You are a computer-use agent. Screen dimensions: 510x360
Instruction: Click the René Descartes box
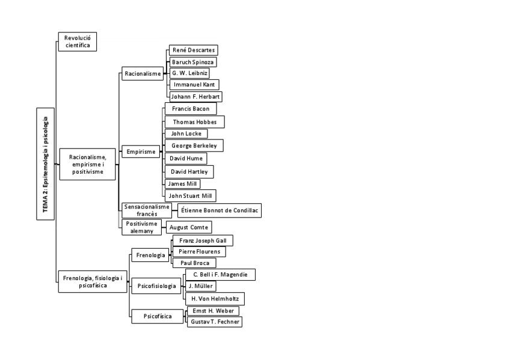pyautogui.click(x=192, y=50)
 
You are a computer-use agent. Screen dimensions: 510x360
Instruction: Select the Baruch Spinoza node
pyautogui.click(x=192, y=62)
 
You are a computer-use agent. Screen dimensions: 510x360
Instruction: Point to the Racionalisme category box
pyautogui.click(x=143, y=74)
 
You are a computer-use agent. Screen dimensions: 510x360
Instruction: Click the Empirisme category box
pyautogui.click(x=142, y=152)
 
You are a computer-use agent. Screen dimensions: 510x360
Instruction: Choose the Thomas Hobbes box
pyautogui.click(x=194, y=122)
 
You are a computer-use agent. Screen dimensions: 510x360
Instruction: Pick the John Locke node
pyautogui.click(x=186, y=133)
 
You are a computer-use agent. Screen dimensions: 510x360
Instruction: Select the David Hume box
pyautogui.click(x=186, y=158)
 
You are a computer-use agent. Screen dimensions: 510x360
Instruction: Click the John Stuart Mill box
pyautogui.click(x=190, y=195)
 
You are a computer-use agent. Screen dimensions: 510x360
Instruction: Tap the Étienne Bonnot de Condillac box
pyautogui.click(x=219, y=210)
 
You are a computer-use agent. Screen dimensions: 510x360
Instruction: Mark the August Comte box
pyautogui.click(x=189, y=228)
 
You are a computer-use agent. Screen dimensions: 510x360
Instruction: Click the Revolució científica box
pyautogui.click(x=78, y=41)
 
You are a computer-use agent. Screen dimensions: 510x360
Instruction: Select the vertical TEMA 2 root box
pyautogui.click(x=46, y=163)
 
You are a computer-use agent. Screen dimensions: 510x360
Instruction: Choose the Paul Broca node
pyautogui.click(x=194, y=263)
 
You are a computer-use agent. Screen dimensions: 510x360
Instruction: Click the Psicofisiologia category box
pyautogui.click(x=156, y=285)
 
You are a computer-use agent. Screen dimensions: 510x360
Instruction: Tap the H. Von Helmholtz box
pyautogui.click(x=214, y=299)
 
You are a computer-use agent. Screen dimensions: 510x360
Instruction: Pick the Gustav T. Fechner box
pyautogui.click(x=215, y=322)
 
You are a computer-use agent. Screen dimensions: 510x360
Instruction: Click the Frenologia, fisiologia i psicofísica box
pyautogui.click(x=93, y=282)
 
